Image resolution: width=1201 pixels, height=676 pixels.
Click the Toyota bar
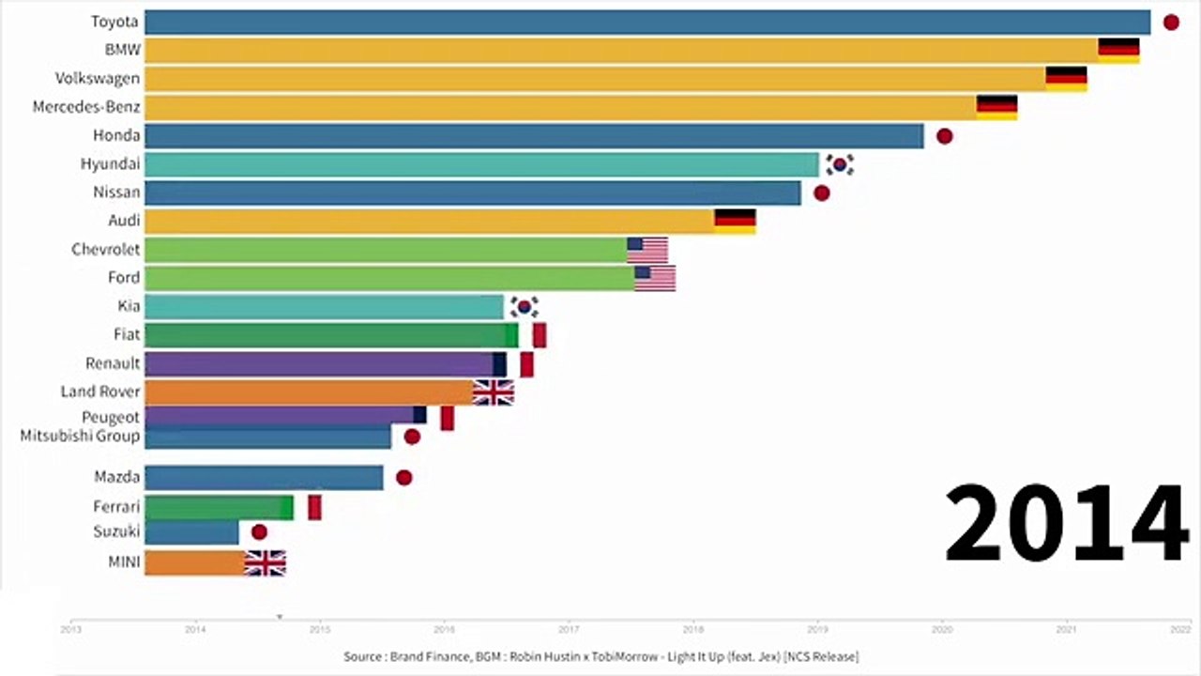[647, 23]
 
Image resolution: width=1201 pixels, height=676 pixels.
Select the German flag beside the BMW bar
[1118, 51]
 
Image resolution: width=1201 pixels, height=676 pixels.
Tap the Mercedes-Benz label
[86, 107]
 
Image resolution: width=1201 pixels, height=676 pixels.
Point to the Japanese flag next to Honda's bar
[945, 136]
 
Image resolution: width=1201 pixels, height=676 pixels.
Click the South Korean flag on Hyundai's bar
[840, 165]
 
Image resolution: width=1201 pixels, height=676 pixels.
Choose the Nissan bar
[473, 193]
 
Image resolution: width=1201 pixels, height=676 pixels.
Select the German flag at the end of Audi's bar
[735, 222]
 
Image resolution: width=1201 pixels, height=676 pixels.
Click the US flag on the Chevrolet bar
[647, 250]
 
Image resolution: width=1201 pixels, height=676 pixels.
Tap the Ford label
[123, 277]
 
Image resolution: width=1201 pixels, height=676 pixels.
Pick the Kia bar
[324, 307]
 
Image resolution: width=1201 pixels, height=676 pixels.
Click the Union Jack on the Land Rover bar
[494, 392]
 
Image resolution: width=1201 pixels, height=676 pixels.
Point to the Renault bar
[319, 364]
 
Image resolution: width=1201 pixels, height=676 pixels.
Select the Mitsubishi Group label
[80, 436]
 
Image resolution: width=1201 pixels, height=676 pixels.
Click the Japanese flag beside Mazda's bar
[404, 477]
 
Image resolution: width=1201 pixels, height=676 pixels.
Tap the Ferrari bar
[219, 508]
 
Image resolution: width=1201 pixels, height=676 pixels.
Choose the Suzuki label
[116, 531]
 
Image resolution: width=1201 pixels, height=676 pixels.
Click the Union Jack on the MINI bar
[265, 563]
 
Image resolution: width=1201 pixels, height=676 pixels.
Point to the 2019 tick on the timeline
[817, 631]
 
